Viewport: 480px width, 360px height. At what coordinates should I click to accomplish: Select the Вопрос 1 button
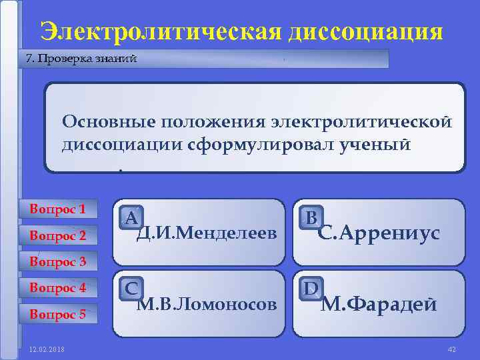(58, 209)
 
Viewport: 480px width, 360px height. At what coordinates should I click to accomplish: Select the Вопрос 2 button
(58, 235)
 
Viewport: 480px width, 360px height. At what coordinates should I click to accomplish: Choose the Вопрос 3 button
(58, 262)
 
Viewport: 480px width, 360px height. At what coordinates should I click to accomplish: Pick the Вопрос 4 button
(58, 288)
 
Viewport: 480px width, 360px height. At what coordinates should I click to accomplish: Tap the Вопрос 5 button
(58, 314)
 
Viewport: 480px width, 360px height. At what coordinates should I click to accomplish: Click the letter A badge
(131, 217)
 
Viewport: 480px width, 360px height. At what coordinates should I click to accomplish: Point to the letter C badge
(131, 288)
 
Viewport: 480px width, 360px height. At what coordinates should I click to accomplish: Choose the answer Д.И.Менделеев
(206, 234)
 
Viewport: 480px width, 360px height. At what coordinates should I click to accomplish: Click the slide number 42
(451, 349)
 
